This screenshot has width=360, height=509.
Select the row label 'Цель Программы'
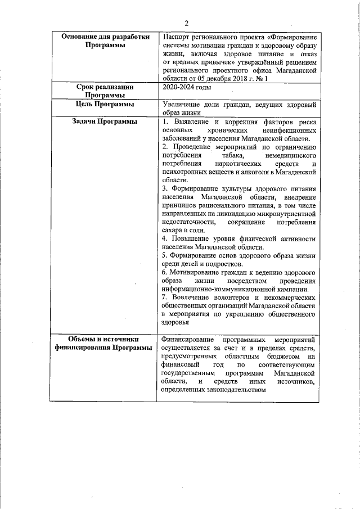tap(104, 105)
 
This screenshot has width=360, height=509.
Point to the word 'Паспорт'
tap(175, 37)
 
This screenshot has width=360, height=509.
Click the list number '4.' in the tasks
tap(164, 238)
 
